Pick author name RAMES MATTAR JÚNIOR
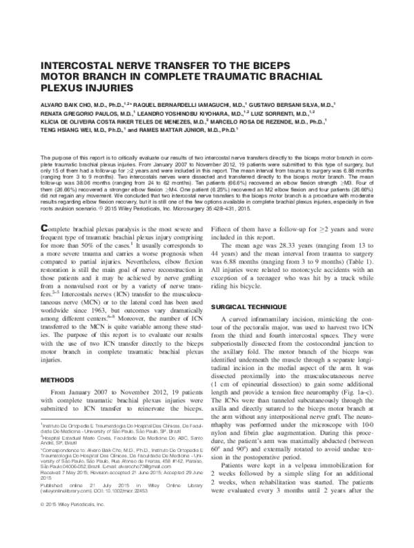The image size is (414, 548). [x=180, y=128]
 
